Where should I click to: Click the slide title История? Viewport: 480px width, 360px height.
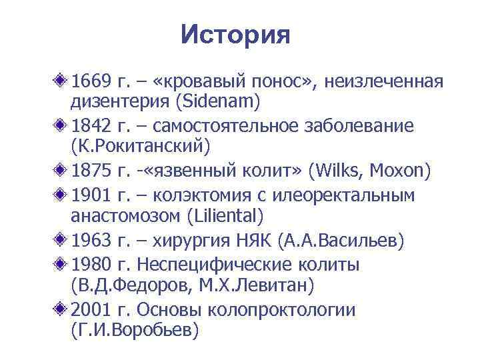point(235,35)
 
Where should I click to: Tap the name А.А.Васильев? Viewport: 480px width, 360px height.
point(343,239)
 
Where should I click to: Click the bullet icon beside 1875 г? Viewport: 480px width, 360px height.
point(62,170)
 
